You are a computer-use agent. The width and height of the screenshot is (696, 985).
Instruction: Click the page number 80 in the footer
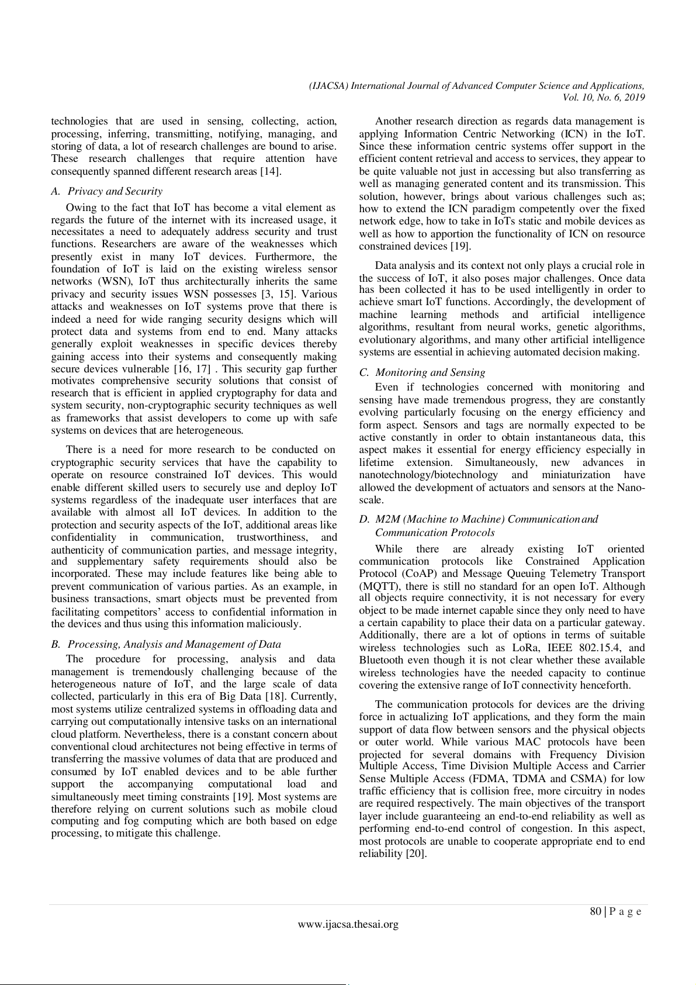click(x=596, y=911)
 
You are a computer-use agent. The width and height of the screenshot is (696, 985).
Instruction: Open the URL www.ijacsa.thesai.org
click(x=348, y=924)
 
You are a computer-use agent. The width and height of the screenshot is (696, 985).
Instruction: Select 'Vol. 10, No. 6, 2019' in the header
click(x=603, y=98)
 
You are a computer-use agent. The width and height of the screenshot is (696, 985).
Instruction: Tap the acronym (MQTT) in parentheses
click(x=378, y=586)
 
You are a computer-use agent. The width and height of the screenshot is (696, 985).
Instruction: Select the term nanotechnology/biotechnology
click(x=428, y=475)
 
